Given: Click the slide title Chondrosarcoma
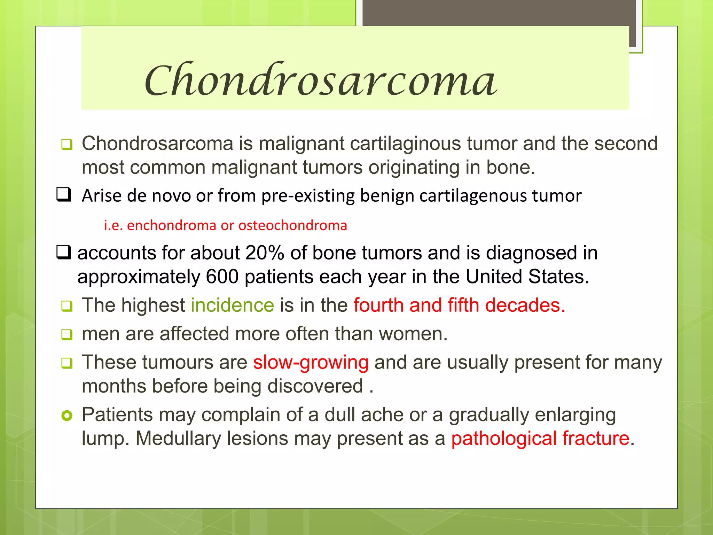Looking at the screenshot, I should point(320,80).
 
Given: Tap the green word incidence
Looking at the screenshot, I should point(232,305).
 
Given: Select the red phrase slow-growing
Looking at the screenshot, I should point(311,362).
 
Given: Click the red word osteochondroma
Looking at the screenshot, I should point(292,225).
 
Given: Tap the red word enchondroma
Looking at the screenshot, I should point(172,225).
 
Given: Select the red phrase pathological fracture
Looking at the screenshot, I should point(540,438).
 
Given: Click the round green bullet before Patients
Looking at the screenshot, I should point(66,416).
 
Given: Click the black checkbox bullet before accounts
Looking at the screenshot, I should point(64,252).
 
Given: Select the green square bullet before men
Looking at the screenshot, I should point(66,335).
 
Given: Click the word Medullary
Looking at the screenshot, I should point(178,438).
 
